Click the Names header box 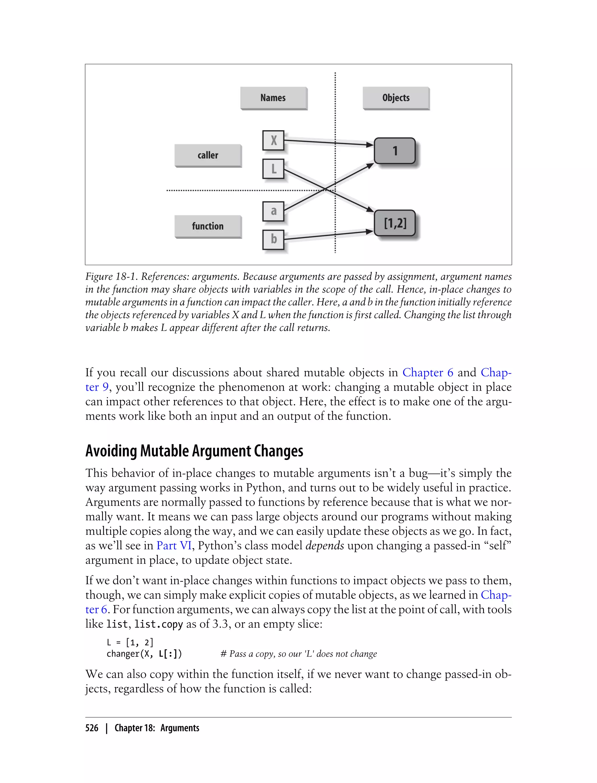click(x=273, y=98)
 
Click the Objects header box click(x=396, y=98)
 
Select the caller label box click(x=208, y=155)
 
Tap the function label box click(x=208, y=226)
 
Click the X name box click(x=273, y=141)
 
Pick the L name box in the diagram click(x=273, y=169)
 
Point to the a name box click(x=273, y=211)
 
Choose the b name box click(x=273, y=239)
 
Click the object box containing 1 click(x=394, y=151)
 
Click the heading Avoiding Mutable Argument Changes click(x=194, y=451)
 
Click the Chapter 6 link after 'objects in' click(x=428, y=373)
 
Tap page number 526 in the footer click(x=92, y=728)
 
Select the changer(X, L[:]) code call click(x=144, y=654)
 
